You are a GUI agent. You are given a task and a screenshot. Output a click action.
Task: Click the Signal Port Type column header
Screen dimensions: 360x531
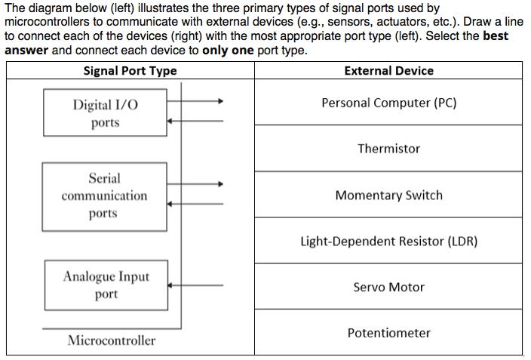click(x=130, y=71)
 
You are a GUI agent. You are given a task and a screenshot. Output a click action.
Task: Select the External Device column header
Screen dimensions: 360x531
click(x=388, y=71)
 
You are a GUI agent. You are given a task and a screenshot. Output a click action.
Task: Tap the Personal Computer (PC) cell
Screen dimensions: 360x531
click(x=388, y=103)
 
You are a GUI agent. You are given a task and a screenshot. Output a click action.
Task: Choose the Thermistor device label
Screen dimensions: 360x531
click(x=388, y=149)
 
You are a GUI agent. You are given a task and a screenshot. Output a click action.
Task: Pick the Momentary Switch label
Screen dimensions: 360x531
click(x=388, y=195)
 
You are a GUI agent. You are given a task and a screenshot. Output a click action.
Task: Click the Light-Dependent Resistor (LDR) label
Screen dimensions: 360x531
click(x=388, y=242)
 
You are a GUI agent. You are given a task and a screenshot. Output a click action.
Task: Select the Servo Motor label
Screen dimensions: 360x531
click(x=388, y=288)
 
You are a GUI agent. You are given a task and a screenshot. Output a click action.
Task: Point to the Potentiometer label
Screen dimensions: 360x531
click(x=388, y=333)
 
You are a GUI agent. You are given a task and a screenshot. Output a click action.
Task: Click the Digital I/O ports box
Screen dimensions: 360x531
click(x=105, y=112)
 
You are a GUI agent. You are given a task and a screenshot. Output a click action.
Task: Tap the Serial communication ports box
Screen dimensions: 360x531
click(x=104, y=196)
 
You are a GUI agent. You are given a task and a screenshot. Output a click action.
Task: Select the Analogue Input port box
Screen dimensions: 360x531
click(x=106, y=285)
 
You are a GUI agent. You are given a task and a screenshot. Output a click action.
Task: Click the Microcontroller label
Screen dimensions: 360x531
click(x=112, y=340)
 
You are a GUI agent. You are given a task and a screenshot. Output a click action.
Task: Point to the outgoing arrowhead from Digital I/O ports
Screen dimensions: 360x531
click(x=220, y=100)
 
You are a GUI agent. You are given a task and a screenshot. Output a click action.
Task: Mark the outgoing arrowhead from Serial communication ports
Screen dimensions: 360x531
click(x=220, y=183)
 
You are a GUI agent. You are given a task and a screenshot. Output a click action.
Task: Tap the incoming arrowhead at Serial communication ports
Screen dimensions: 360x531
click(x=170, y=203)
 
